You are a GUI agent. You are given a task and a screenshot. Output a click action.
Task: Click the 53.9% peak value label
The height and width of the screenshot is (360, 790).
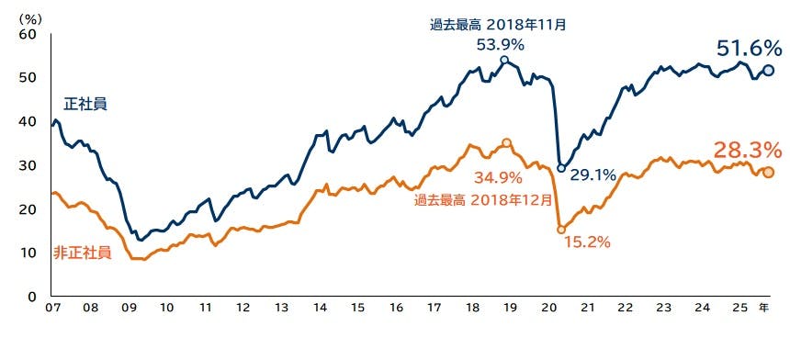(501, 44)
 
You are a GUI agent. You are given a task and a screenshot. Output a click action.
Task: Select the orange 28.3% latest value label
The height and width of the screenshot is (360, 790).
(747, 150)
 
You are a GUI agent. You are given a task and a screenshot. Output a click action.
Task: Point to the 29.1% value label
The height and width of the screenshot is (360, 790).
(593, 174)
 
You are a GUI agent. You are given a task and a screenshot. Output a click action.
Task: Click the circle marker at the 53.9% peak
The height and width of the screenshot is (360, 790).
(503, 61)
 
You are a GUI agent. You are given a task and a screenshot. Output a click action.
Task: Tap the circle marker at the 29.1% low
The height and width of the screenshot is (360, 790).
(561, 168)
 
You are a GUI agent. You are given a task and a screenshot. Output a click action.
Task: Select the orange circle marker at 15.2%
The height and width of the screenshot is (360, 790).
(561, 230)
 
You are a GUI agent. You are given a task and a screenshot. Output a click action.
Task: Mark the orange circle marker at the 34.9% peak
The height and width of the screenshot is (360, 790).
(506, 143)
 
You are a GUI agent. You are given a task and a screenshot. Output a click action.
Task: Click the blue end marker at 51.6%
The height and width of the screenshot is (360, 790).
(768, 71)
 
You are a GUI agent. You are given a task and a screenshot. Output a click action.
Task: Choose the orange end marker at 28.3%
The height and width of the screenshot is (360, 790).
(768, 173)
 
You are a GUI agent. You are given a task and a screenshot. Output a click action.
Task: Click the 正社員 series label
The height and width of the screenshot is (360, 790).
(85, 104)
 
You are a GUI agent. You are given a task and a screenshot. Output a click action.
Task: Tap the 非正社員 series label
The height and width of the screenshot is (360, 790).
(83, 252)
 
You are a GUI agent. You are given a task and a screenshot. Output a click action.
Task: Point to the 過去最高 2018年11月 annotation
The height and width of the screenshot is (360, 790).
(498, 25)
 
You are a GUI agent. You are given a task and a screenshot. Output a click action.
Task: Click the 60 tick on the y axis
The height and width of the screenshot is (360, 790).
(27, 34)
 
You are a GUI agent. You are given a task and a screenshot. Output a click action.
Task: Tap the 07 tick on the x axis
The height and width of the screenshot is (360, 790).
(53, 309)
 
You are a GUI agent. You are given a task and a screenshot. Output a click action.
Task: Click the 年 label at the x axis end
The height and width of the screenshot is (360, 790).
(764, 309)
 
